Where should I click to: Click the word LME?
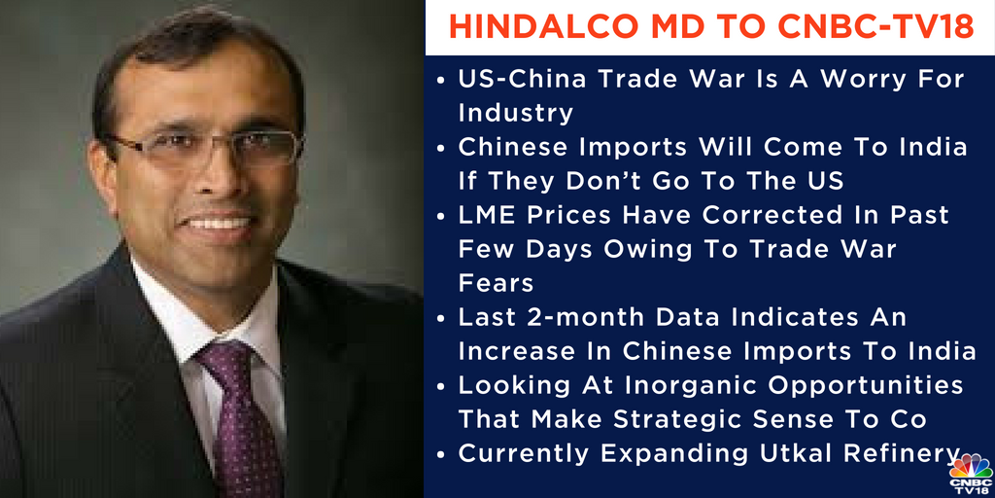(488, 214)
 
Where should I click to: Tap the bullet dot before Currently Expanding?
(443, 454)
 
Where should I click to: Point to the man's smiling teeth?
(219, 222)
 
